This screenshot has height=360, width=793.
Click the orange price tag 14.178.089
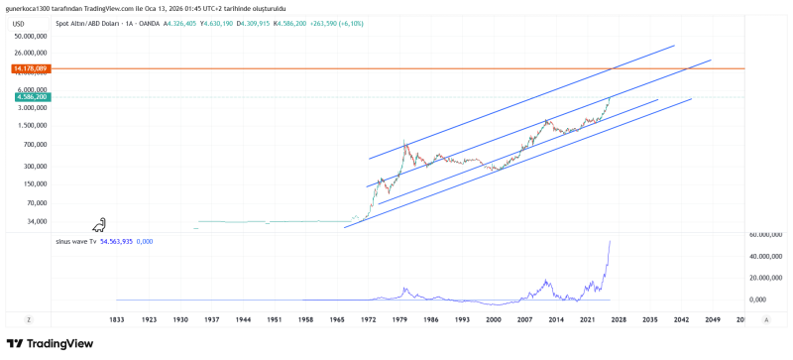tap(30, 68)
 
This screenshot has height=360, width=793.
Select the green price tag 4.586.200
tap(30, 97)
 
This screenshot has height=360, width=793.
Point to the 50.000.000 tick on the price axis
tap(30, 36)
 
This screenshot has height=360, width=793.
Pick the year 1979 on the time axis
tap(401, 320)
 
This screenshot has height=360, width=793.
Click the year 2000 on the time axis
tap(495, 320)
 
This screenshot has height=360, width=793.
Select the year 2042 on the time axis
tap(680, 320)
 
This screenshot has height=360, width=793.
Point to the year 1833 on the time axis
tap(117, 320)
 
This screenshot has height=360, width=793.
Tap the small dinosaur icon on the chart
tap(100, 227)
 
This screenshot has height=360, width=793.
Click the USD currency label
tap(18, 23)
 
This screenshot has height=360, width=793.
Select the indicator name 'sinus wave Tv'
tap(78, 241)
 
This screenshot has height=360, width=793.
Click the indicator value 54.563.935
tap(117, 241)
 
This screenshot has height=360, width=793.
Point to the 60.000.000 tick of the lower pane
tap(766, 235)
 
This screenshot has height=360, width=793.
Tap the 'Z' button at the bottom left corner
tap(30, 320)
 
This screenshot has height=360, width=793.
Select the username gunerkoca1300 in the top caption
tap(33, 8)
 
